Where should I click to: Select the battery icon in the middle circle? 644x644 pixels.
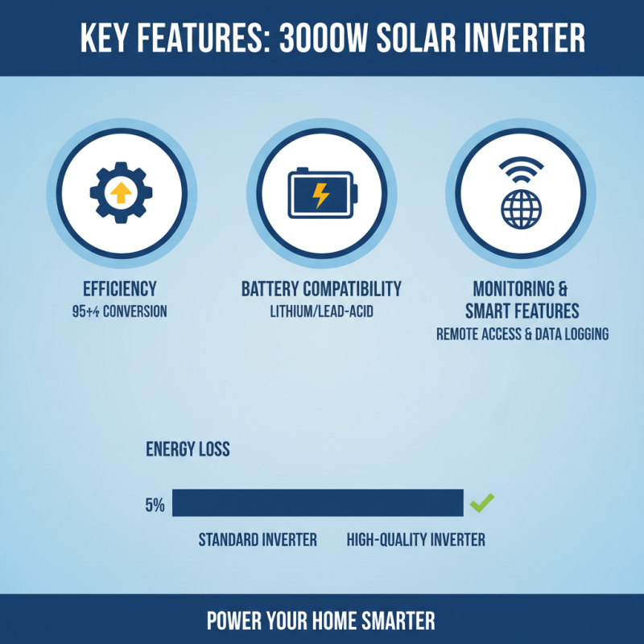(321, 194)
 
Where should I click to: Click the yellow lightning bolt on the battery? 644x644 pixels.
(320, 195)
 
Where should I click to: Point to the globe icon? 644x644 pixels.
(521, 208)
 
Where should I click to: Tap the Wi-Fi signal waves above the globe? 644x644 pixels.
(521, 169)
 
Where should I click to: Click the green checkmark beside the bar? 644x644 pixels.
(481, 504)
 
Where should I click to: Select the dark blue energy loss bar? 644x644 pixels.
(318, 503)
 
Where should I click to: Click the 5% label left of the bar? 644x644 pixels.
(155, 506)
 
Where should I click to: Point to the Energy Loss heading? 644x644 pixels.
(188, 449)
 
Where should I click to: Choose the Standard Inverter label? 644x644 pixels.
(258, 539)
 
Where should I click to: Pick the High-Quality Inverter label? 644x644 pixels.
(415, 539)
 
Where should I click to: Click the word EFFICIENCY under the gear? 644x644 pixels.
(119, 289)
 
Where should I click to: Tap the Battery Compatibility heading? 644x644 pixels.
(321, 289)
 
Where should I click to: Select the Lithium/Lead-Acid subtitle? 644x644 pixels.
(321, 311)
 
